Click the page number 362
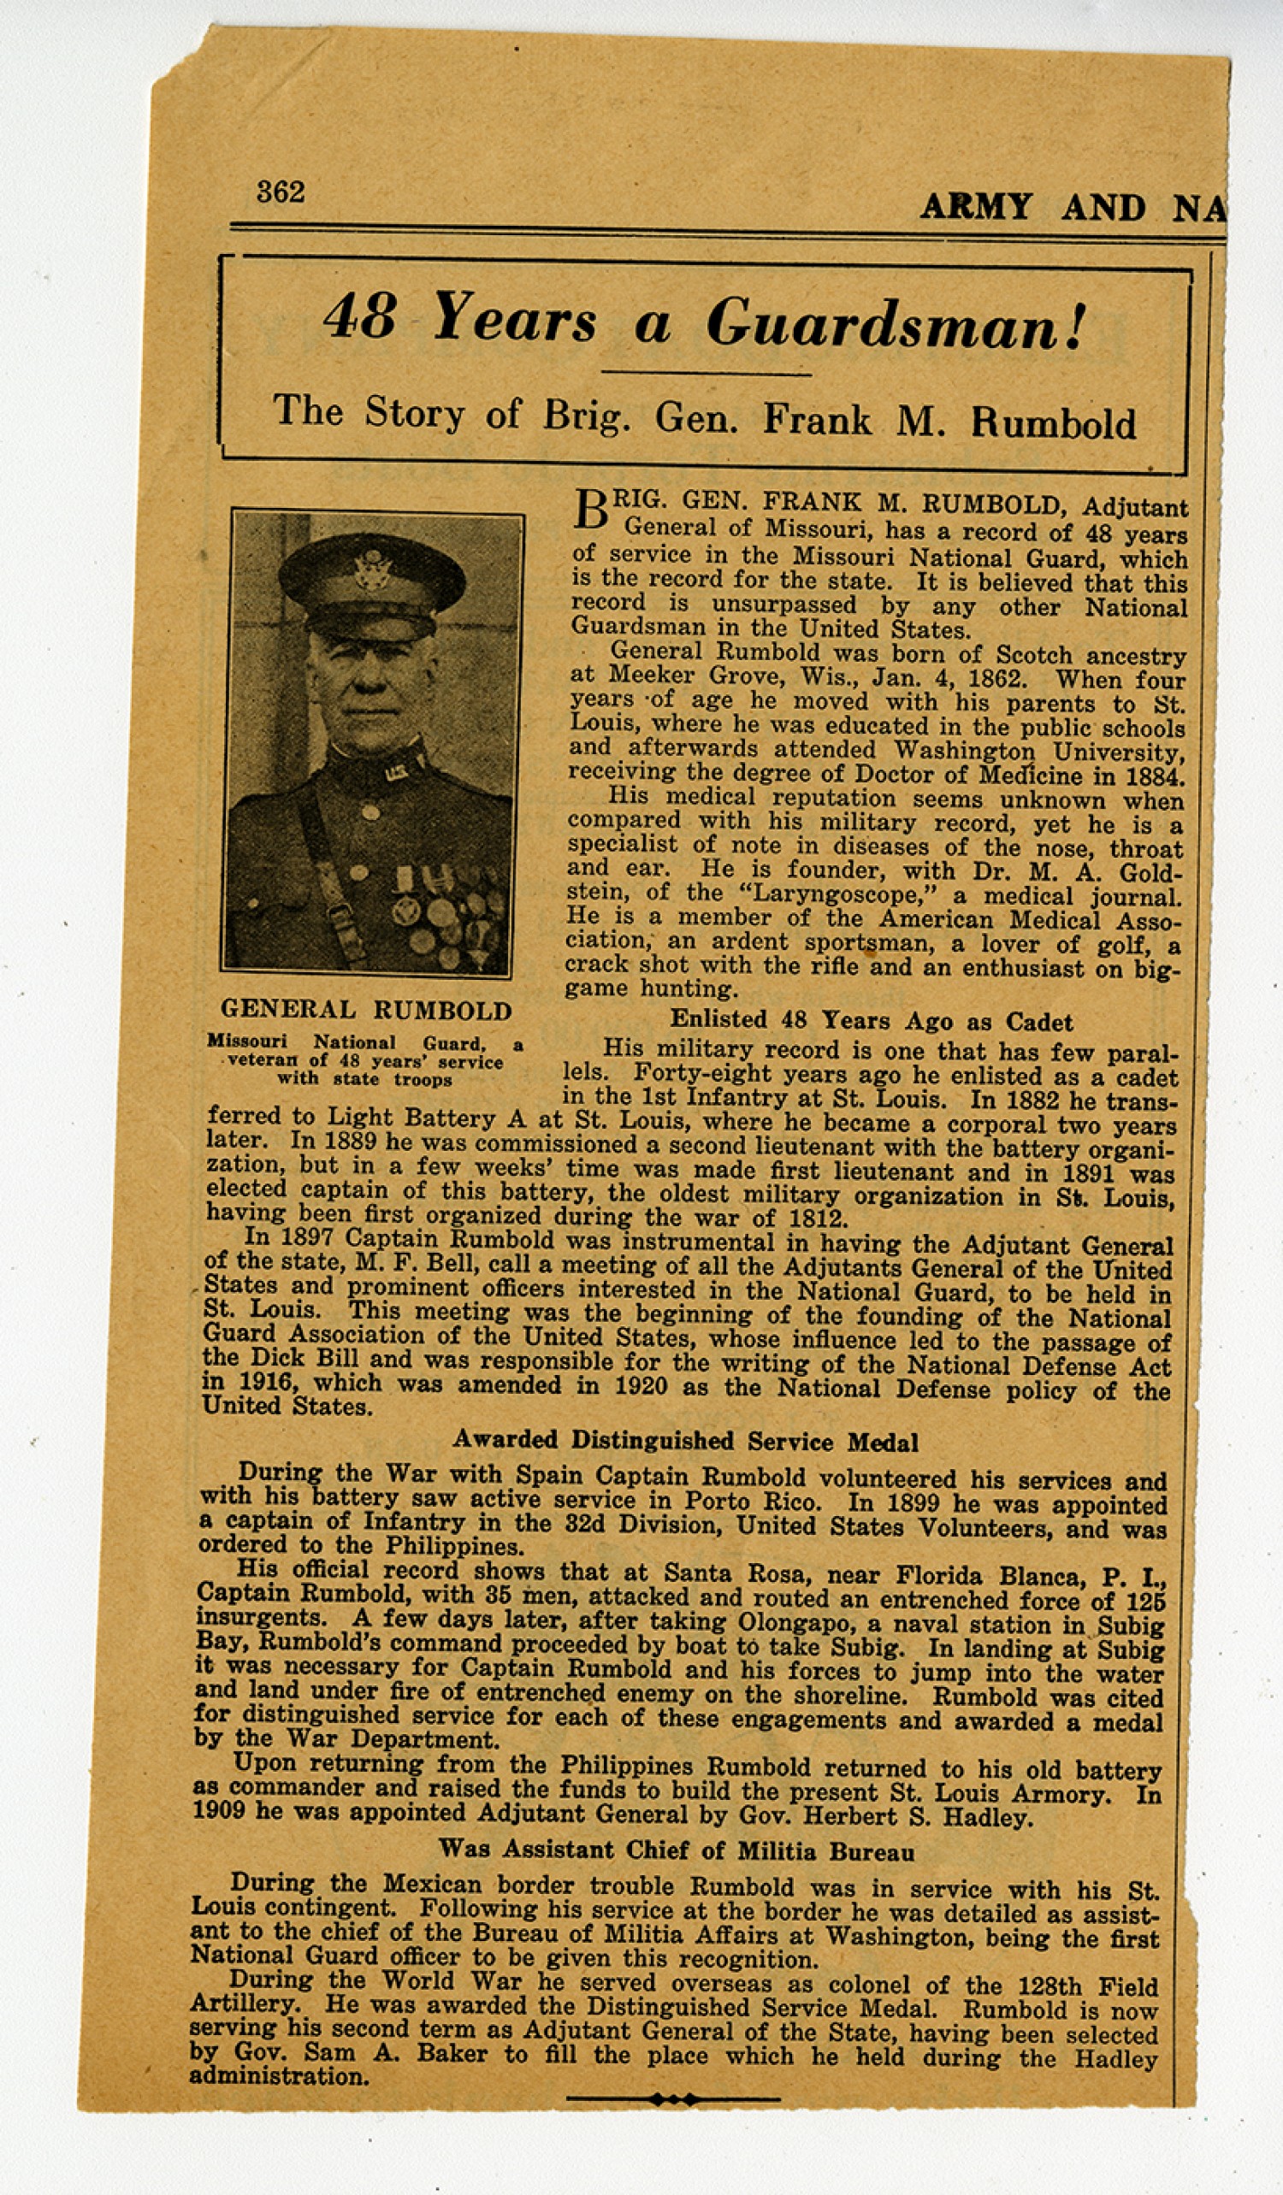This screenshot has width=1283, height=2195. [281, 192]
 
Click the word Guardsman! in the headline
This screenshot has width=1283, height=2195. [896, 324]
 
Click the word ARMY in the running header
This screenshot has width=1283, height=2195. [976, 207]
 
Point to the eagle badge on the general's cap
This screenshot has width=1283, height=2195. [372, 568]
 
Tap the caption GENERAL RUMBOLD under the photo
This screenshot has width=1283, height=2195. [366, 1011]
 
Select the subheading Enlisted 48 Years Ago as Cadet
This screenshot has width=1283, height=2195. [870, 1021]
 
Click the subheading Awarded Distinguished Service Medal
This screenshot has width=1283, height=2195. [684, 1442]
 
